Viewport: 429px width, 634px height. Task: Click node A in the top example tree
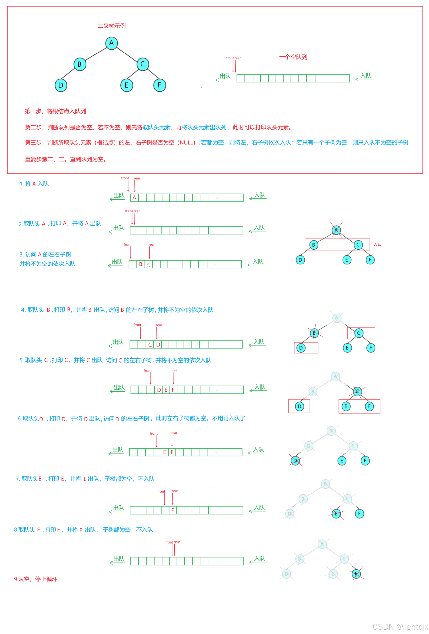click(112, 43)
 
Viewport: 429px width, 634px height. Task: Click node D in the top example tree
click(61, 85)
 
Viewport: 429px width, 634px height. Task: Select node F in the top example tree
click(159, 85)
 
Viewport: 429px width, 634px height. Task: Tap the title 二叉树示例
click(112, 26)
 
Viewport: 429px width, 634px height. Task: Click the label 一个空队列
click(293, 57)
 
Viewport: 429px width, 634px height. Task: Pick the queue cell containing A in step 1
click(134, 198)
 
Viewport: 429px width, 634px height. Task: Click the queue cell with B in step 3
click(141, 264)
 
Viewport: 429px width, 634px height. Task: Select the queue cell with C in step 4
click(150, 345)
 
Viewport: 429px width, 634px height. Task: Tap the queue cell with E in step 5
click(166, 390)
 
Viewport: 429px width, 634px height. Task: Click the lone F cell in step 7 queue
click(172, 510)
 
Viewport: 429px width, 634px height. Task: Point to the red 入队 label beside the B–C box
click(377, 245)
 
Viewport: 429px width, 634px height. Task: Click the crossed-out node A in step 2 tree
click(336, 230)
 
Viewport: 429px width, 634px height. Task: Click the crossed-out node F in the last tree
click(356, 574)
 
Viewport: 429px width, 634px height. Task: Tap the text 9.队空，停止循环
click(36, 579)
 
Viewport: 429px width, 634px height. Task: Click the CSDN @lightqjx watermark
click(400, 627)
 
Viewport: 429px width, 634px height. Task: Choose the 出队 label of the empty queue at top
click(225, 76)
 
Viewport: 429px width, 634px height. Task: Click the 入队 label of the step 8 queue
click(260, 558)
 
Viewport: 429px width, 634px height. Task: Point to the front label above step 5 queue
click(148, 371)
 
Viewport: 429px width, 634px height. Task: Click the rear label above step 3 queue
click(152, 245)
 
